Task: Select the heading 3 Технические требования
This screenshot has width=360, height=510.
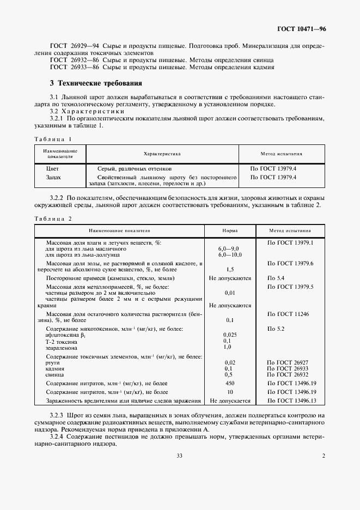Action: (95, 84)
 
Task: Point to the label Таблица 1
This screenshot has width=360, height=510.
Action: (53, 139)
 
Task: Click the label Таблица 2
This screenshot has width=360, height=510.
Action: (53, 218)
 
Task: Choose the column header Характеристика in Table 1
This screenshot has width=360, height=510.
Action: (162, 154)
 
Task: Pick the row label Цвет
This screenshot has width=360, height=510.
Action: (53, 169)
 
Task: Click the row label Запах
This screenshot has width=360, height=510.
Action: (54, 177)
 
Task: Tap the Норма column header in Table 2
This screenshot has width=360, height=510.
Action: (229, 230)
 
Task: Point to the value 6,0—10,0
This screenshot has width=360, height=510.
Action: (230, 254)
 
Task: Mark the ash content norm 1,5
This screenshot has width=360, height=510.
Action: (229, 270)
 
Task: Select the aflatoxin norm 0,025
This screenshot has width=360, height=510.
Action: (229, 334)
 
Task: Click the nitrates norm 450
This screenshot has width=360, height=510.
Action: (229, 384)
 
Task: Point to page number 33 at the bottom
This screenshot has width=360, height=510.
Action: (179, 456)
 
